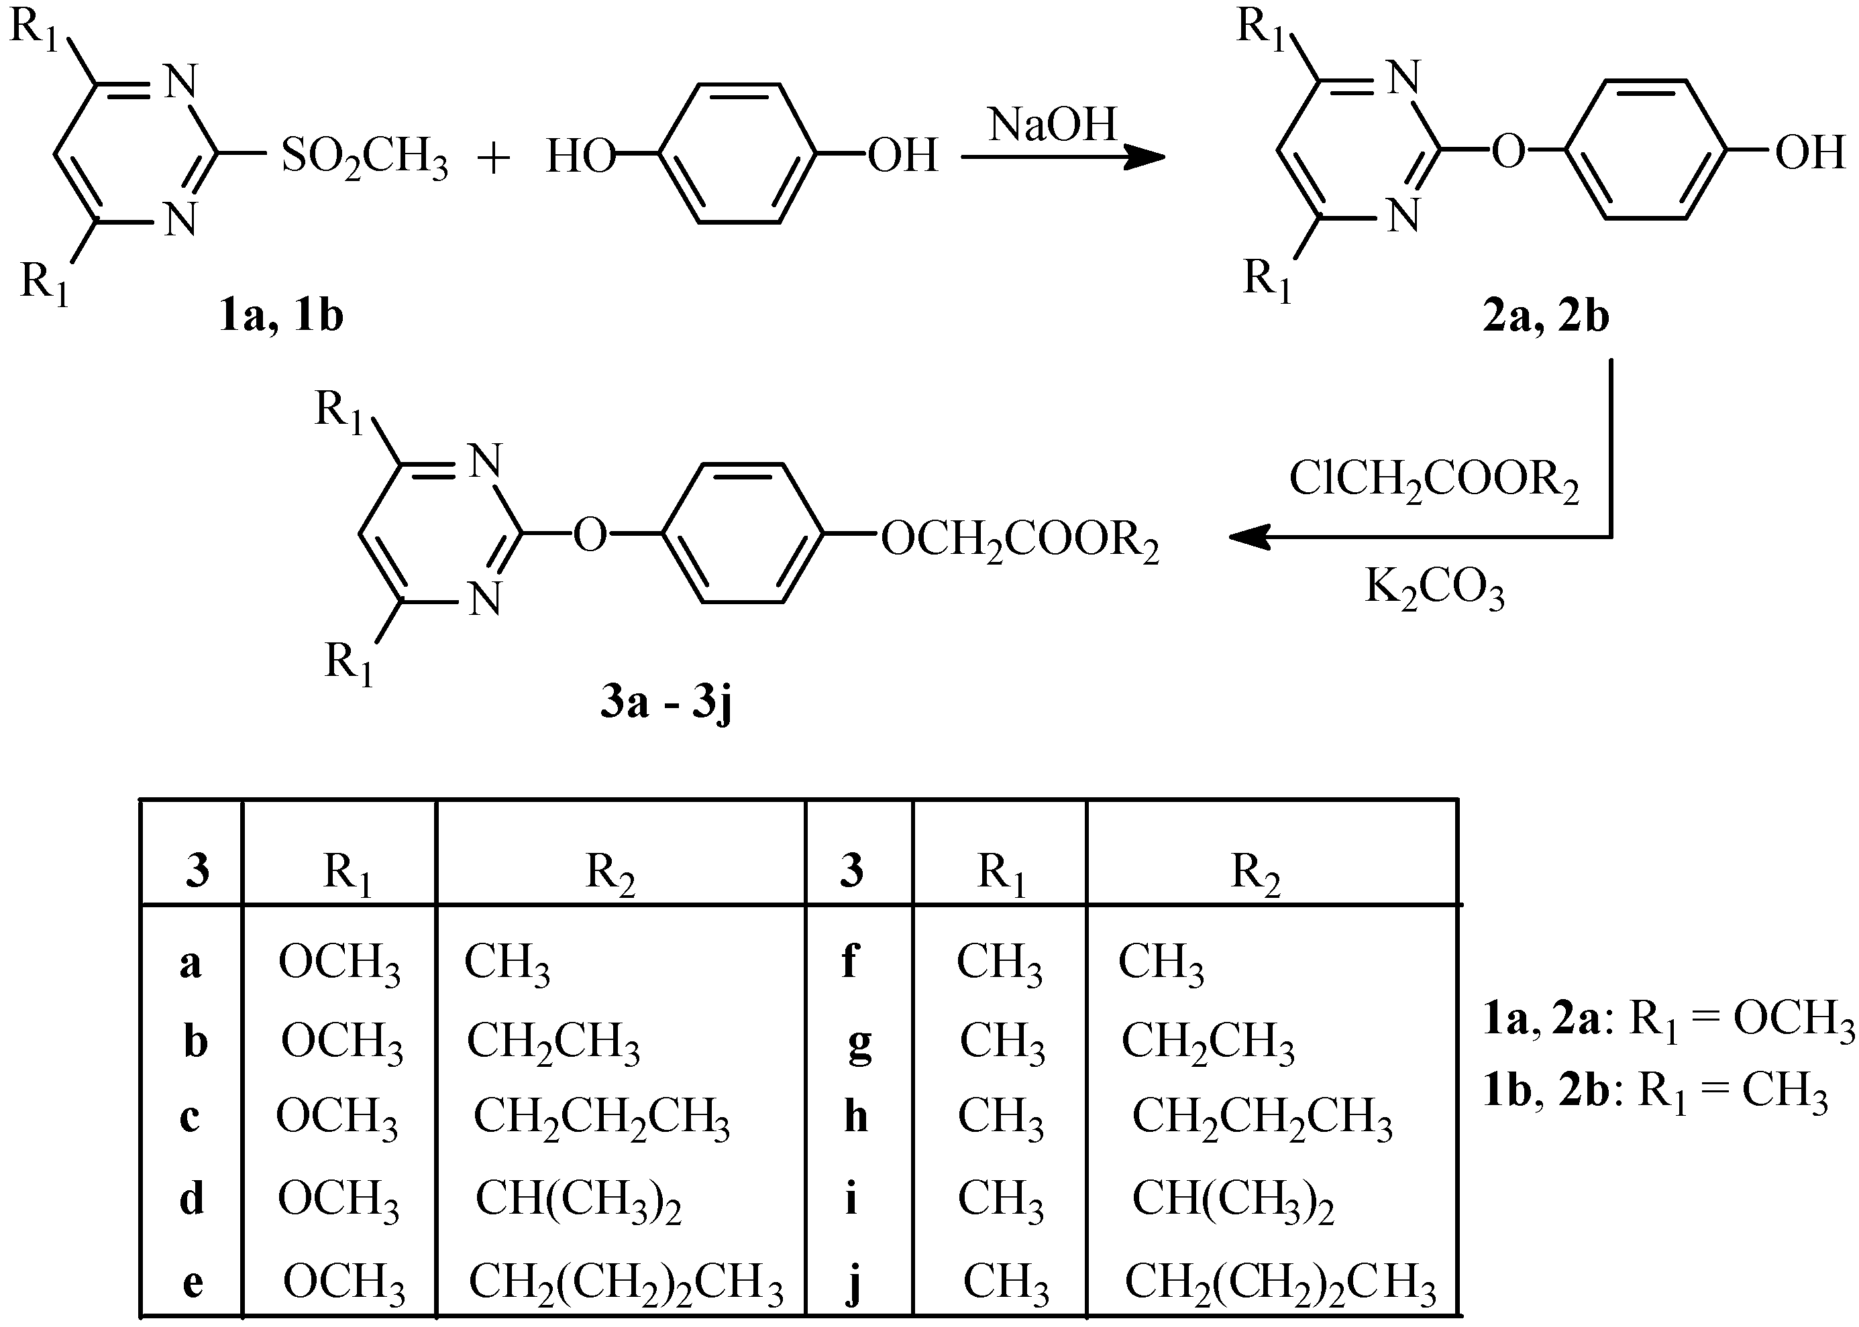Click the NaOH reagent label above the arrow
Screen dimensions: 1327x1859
coord(1052,125)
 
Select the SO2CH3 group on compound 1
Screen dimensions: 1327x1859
coord(364,157)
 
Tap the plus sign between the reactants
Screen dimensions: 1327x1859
coord(493,158)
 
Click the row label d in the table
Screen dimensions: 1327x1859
coord(191,1200)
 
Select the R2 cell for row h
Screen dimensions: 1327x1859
coord(1261,1118)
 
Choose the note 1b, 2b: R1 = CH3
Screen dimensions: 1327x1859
coord(1656,1092)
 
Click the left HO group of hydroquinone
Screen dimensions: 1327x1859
coord(580,157)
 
